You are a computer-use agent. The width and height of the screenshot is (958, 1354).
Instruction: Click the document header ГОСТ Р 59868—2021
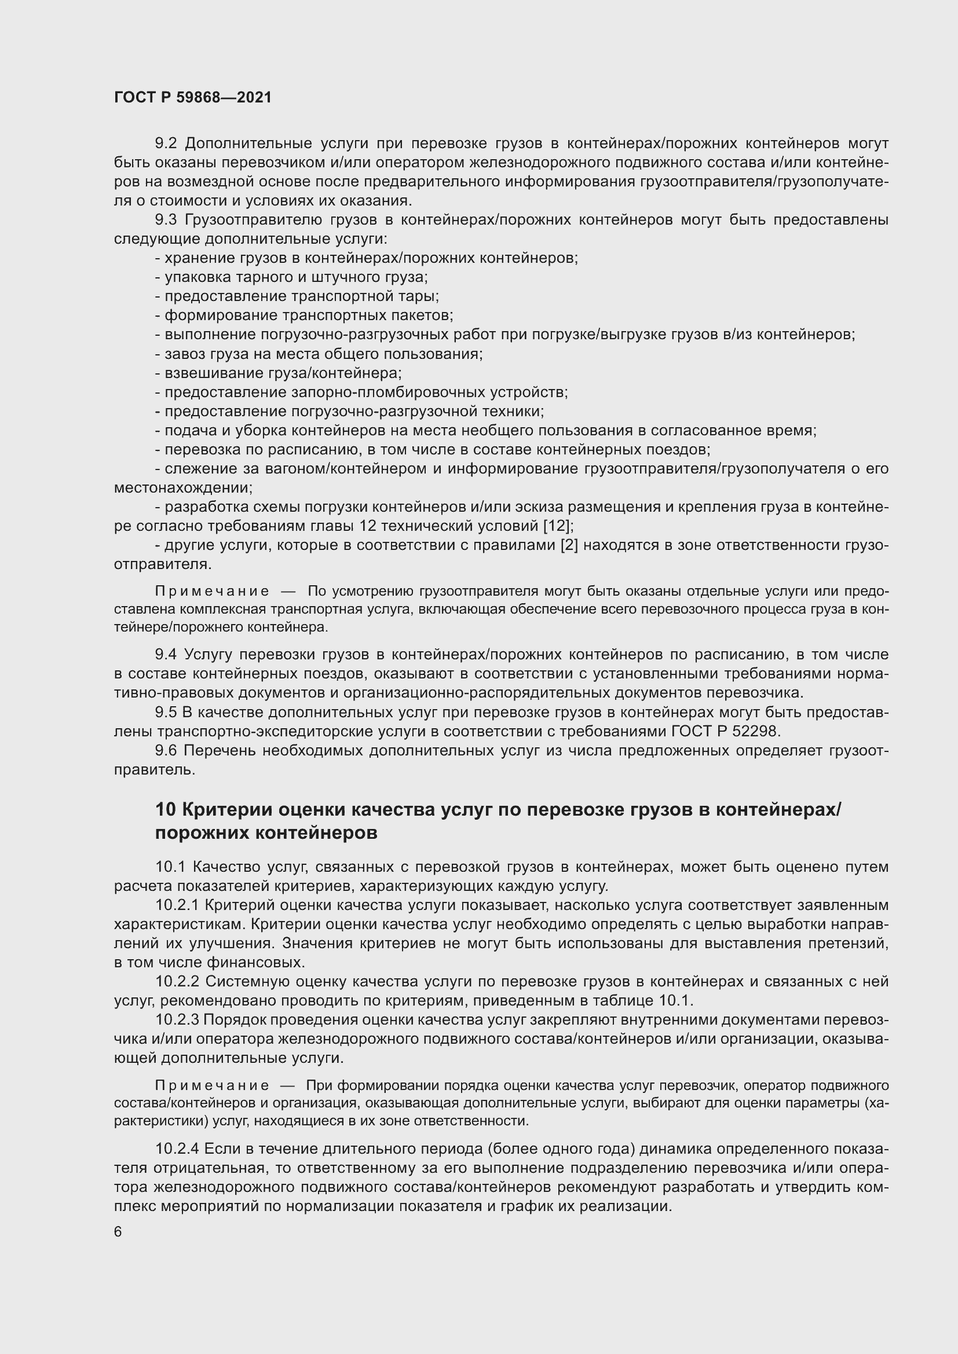click(x=193, y=97)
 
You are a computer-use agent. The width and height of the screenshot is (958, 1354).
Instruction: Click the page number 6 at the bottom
click(x=118, y=1232)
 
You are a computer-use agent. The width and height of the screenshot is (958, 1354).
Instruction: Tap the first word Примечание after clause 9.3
click(x=213, y=592)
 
